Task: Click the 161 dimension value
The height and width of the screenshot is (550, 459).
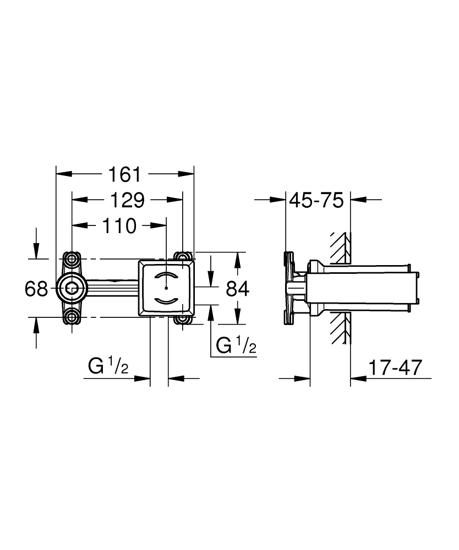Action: click(124, 174)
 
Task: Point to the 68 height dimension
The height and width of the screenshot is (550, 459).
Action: click(36, 288)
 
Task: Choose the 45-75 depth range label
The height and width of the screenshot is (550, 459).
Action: click(316, 200)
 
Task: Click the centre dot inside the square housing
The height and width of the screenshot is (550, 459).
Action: click(166, 287)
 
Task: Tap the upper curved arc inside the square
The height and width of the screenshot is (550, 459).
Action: click(166, 276)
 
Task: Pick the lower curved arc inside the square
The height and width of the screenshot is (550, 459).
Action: click(166, 300)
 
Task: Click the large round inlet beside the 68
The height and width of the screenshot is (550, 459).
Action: click(72, 287)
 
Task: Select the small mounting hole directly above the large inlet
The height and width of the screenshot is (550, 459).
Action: click(72, 258)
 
